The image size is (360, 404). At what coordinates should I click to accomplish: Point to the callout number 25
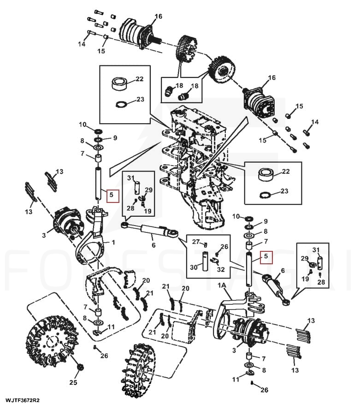click(73, 382)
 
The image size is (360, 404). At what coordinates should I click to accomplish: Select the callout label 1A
click(222, 286)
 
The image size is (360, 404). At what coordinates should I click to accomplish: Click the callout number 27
click(195, 242)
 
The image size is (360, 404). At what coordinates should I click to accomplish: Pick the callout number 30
click(194, 267)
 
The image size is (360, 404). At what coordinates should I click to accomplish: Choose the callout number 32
click(221, 269)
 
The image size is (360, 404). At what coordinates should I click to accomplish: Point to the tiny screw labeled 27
click(206, 244)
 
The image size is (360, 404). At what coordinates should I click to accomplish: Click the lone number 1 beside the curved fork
click(113, 242)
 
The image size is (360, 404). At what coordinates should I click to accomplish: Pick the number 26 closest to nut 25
click(104, 356)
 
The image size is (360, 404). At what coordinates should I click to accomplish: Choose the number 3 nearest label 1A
click(235, 351)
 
